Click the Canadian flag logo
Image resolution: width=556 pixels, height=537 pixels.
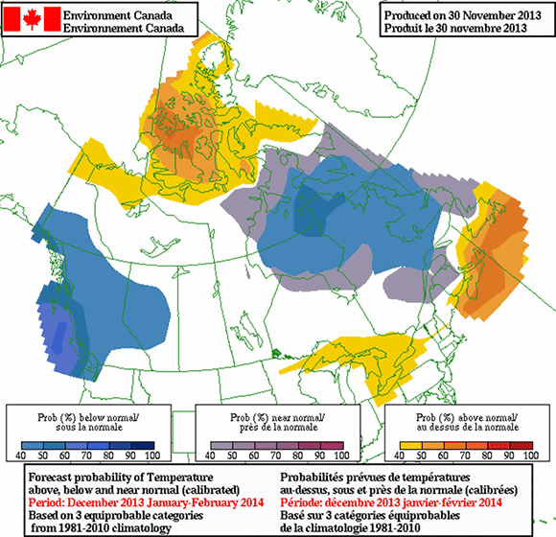(31, 19)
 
